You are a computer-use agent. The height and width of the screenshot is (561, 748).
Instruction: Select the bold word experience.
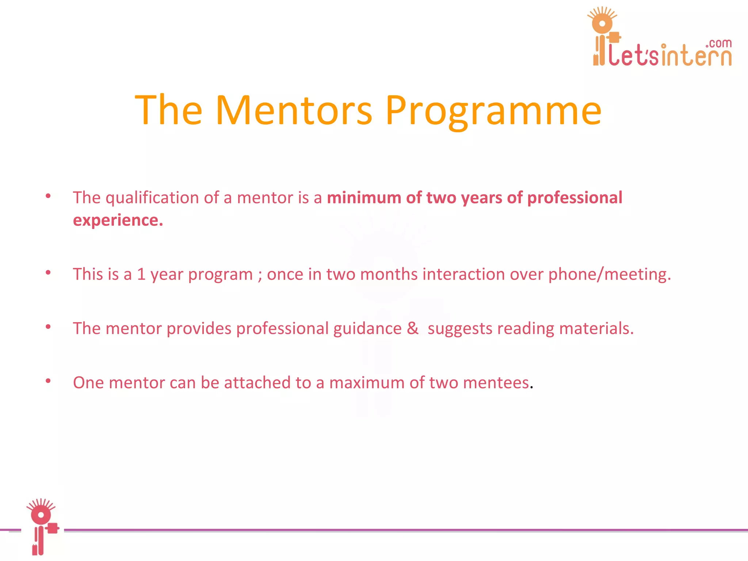click(118, 220)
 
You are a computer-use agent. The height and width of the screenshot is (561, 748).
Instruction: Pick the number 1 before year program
click(141, 274)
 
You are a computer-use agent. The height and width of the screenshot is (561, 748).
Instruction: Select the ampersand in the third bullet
click(412, 328)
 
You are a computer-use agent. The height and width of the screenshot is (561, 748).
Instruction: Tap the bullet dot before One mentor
click(48, 381)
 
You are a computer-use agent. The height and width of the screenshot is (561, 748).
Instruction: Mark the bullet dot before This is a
click(48, 272)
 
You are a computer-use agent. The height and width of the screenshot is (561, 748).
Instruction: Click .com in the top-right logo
click(718, 43)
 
